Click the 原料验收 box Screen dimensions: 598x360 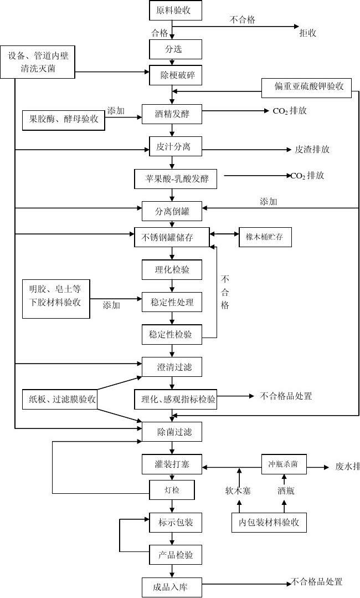point(172,11)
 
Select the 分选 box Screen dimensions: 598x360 point(172,49)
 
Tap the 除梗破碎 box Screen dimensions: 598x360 point(172,75)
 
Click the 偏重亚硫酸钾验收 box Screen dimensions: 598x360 point(306,87)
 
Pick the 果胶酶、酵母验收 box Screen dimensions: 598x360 point(63,120)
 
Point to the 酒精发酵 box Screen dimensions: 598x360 point(172,114)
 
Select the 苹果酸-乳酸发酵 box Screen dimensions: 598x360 point(172,179)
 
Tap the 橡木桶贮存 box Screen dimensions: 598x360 point(265,237)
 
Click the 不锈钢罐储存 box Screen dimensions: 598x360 point(172,237)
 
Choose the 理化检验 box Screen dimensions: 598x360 point(172,269)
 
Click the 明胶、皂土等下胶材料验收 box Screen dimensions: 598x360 point(55,299)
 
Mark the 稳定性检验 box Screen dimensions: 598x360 point(172,334)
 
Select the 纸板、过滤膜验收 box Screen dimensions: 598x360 point(60,398)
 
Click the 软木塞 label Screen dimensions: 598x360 point(239,490)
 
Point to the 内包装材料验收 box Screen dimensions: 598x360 point(269,522)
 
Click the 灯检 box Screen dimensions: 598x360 point(172,490)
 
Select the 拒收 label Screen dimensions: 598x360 point(308,33)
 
